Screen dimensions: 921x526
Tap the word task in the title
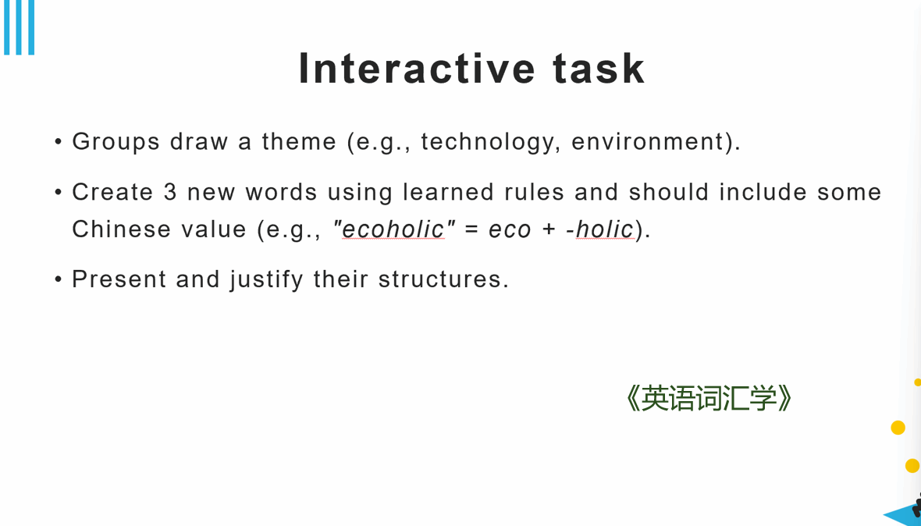pyautogui.click(x=599, y=69)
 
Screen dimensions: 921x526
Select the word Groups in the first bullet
pyautogui.click(x=116, y=142)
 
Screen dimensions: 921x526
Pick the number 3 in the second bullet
pyautogui.click(x=170, y=192)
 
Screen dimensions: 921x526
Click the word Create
pyautogui.click(x=112, y=192)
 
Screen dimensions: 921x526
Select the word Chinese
pyautogui.click(x=122, y=229)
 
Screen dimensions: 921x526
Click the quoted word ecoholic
pyautogui.click(x=393, y=229)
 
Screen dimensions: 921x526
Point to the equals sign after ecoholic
pyautogui.click(x=471, y=229)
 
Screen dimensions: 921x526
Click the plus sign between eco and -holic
pyautogui.click(x=549, y=229)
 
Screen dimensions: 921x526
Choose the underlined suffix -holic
pyautogui.click(x=600, y=229)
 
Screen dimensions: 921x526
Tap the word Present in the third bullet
pyautogui.click(x=119, y=279)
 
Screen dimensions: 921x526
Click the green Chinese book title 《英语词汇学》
pyautogui.click(x=709, y=399)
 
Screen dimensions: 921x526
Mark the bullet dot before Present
pyautogui.click(x=59, y=279)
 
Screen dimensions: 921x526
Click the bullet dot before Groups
pyautogui.click(x=59, y=142)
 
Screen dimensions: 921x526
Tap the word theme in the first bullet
pyautogui.click(x=299, y=141)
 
